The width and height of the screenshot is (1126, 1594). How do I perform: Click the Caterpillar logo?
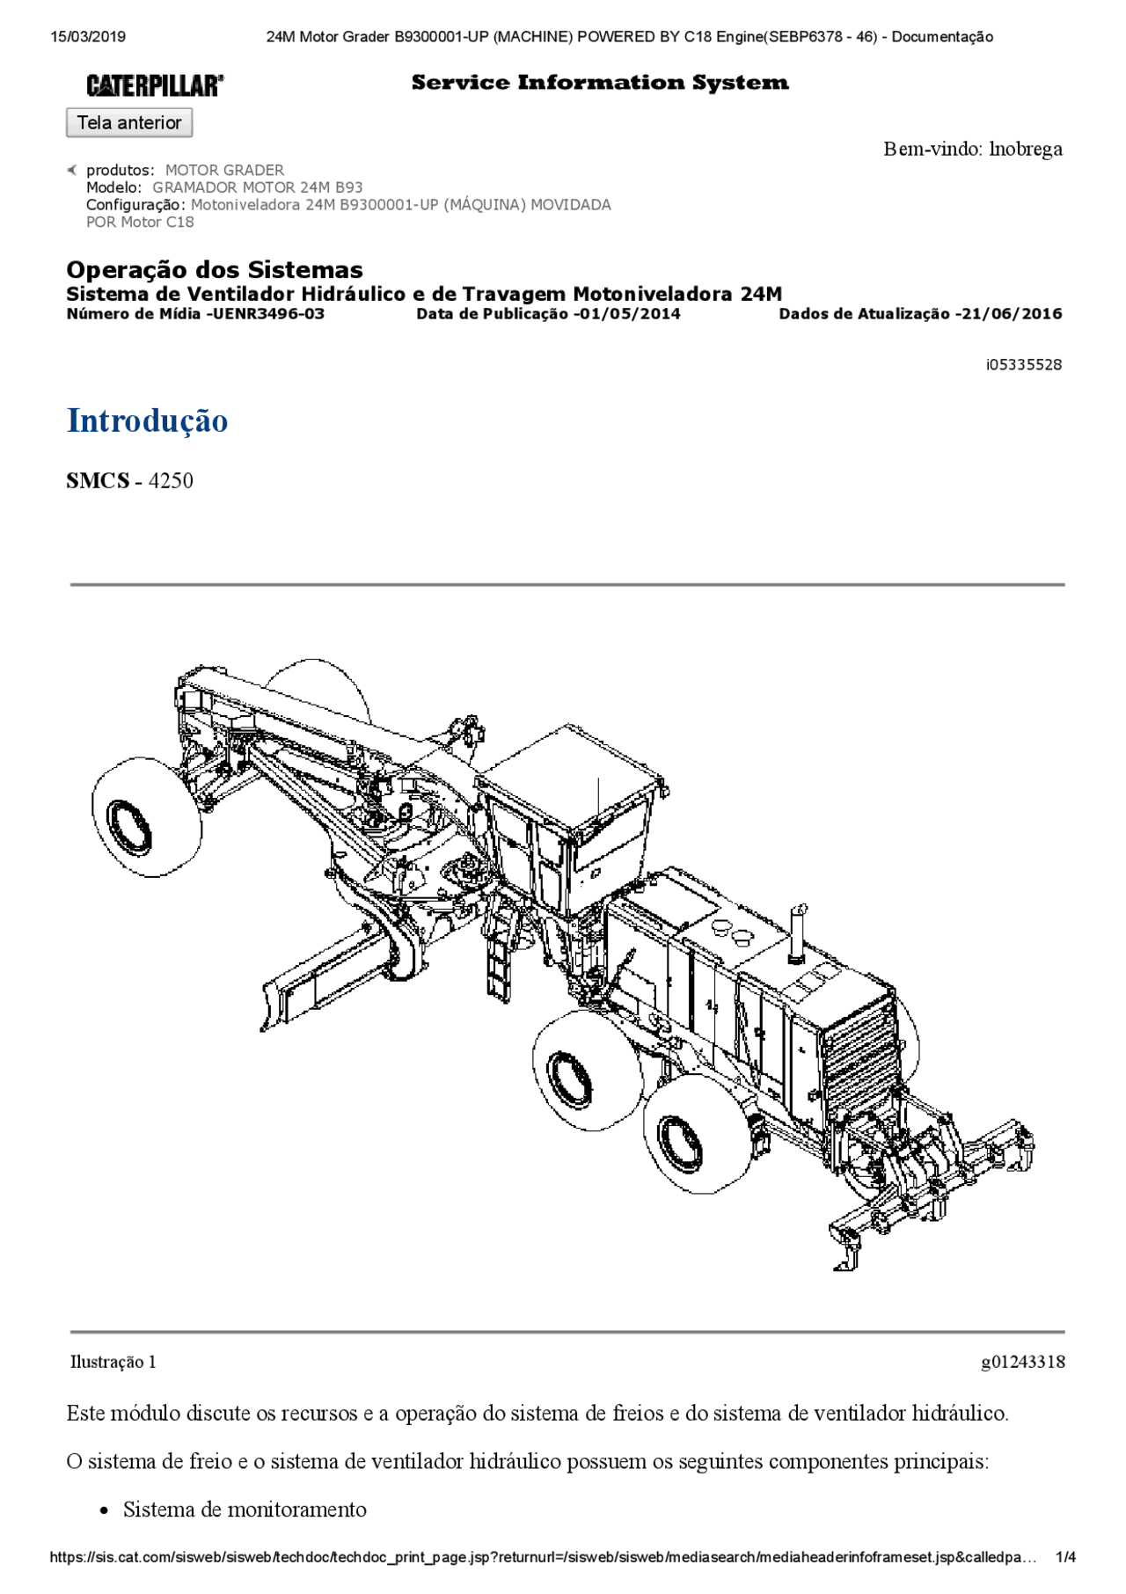click(x=155, y=85)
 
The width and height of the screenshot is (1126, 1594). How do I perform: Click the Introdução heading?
click(x=147, y=420)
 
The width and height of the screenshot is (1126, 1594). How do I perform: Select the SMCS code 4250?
click(x=171, y=480)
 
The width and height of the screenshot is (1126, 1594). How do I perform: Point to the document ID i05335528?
click(x=1023, y=364)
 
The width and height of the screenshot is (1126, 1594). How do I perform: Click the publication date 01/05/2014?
click(x=629, y=314)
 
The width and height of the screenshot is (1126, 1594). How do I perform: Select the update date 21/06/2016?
click(x=1011, y=314)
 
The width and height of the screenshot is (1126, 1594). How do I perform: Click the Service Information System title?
click(x=600, y=83)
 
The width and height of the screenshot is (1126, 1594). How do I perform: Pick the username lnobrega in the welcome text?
click(x=1026, y=149)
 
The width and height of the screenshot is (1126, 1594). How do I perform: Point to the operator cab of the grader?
click(x=572, y=809)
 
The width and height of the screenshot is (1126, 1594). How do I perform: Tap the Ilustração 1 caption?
click(x=113, y=1362)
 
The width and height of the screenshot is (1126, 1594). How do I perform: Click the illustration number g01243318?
click(x=1022, y=1362)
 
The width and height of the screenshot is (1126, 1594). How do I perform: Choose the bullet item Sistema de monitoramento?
click(x=245, y=1510)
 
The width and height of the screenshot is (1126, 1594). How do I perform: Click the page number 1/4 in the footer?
click(x=1065, y=1557)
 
